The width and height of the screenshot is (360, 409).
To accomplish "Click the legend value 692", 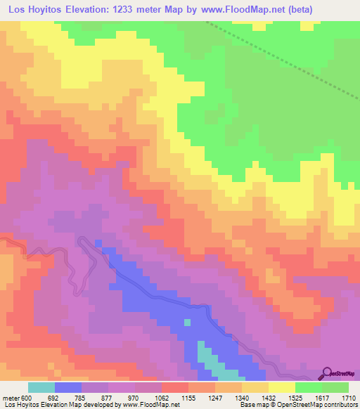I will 53,397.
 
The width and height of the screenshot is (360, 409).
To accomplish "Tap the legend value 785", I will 80,397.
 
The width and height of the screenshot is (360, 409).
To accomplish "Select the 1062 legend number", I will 161,397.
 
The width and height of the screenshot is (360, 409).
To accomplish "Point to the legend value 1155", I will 188,397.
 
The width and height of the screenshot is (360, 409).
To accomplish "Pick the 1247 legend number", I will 214,397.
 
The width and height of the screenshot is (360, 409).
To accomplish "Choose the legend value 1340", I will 241,397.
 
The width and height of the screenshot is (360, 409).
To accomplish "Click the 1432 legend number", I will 268,397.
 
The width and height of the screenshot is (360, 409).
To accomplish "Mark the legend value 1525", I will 295,397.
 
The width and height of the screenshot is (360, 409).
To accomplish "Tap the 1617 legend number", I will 321,397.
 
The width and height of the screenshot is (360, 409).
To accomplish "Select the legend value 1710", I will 347,397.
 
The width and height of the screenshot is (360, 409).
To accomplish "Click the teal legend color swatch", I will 41,387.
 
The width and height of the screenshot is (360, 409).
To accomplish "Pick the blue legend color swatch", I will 68,387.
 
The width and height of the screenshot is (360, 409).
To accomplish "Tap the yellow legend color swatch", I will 281,387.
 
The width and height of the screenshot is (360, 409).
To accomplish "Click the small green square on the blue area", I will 188,323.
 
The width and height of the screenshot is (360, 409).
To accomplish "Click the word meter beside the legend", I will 11,397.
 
